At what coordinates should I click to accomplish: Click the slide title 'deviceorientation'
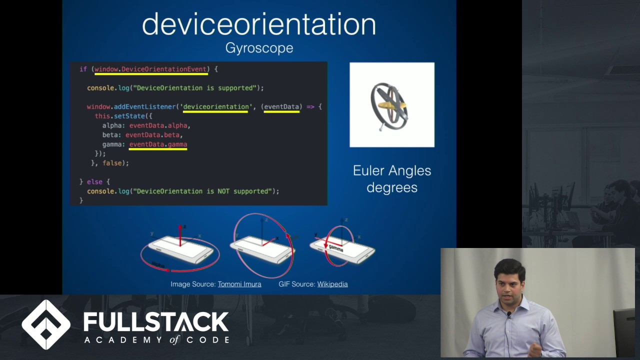point(258,24)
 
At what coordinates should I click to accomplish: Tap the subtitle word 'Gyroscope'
point(259,48)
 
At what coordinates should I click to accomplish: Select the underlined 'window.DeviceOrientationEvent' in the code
point(150,69)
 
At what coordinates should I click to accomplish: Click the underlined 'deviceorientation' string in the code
point(215,106)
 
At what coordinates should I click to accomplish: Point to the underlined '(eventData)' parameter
point(281,106)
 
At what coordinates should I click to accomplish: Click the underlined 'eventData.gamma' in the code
point(158,144)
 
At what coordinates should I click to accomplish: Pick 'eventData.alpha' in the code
point(159,125)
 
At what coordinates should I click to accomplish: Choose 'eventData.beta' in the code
point(154,135)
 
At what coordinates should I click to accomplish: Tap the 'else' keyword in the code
point(94,182)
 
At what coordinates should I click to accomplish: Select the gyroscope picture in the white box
point(391,105)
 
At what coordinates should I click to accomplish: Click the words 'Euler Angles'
point(391,171)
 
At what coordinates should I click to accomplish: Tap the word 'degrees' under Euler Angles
point(391,188)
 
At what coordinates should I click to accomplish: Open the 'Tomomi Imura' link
point(239,284)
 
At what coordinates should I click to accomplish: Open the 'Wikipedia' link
point(332,284)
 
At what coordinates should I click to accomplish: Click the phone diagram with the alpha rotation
point(180,249)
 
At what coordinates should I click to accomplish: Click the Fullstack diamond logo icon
point(46,324)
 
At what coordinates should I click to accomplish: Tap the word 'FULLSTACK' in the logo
point(155,322)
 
